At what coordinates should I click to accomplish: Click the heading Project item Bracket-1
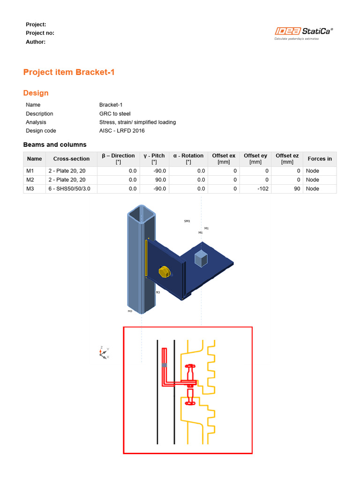[x=69, y=72]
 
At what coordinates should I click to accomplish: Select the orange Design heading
[x=36, y=93]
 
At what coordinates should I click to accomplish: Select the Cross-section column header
[x=71, y=159]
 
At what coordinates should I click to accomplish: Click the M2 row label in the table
[x=30, y=179]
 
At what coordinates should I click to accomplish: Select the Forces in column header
[x=320, y=159]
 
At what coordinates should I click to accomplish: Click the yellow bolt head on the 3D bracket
[x=165, y=272]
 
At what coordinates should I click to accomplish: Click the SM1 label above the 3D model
[x=187, y=221]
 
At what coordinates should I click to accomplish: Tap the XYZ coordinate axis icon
[x=104, y=352]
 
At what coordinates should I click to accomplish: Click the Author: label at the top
[x=36, y=42]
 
